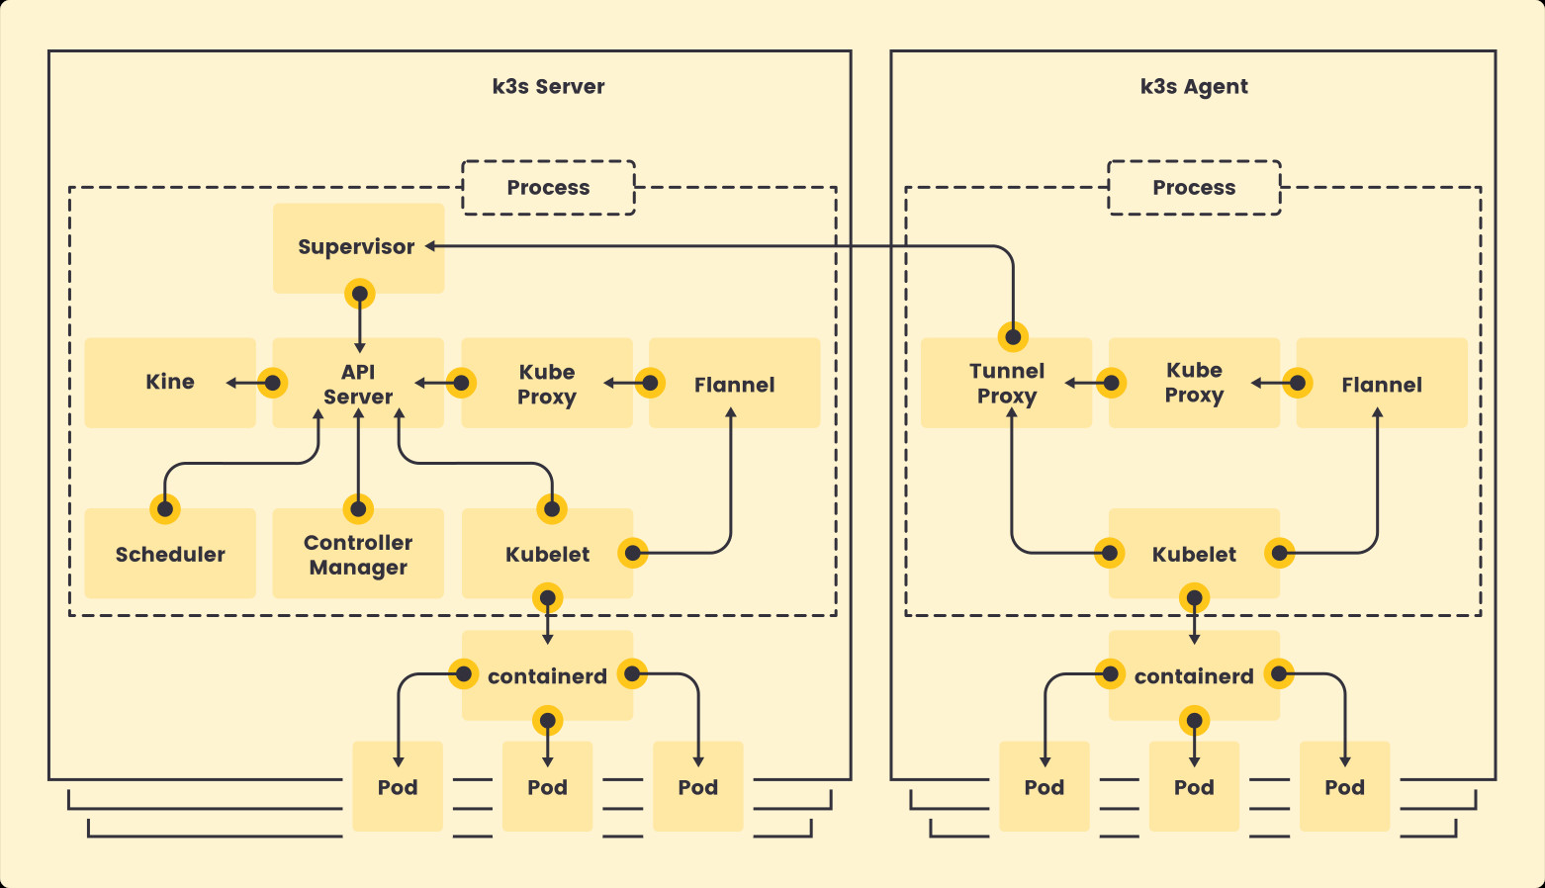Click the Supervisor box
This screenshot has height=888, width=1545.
click(x=357, y=247)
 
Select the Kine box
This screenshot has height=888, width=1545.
click(x=170, y=383)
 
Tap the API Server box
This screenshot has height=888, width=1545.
click(x=358, y=384)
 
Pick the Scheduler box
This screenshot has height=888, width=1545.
click(x=170, y=554)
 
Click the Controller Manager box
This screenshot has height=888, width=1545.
click(x=358, y=554)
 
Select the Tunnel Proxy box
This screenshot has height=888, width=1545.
click(x=1006, y=384)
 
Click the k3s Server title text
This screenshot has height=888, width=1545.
click(x=548, y=86)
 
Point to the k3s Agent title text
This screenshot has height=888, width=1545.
click(x=1194, y=86)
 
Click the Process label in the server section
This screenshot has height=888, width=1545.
click(x=548, y=188)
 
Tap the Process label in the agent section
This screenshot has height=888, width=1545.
click(x=1194, y=188)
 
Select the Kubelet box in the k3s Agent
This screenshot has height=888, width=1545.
click(x=1194, y=554)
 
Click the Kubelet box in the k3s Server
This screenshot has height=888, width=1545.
click(x=547, y=554)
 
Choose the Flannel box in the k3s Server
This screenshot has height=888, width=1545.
click(x=734, y=385)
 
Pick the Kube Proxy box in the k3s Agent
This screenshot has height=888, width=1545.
click(x=1194, y=384)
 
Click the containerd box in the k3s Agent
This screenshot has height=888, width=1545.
click(x=1194, y=676)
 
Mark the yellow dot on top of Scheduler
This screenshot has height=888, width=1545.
click(x=165, y=509)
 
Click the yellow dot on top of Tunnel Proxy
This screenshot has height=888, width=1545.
click(x=1013, y=337)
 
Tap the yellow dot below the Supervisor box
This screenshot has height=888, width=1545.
click(x=360, y=294)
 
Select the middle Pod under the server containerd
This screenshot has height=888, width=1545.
click(x=547, y=787)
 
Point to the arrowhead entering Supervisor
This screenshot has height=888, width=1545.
click(x=431, y=246)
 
